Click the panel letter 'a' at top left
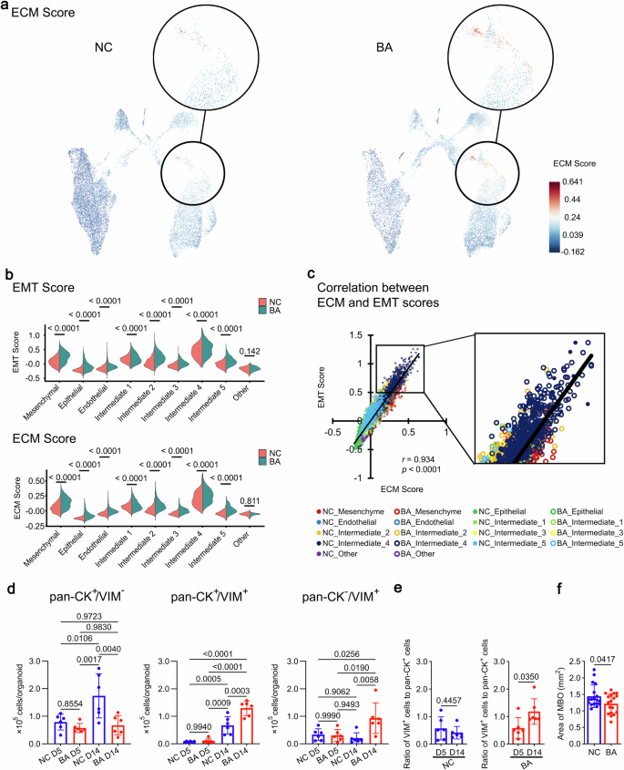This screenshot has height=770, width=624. tap(6, 8)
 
